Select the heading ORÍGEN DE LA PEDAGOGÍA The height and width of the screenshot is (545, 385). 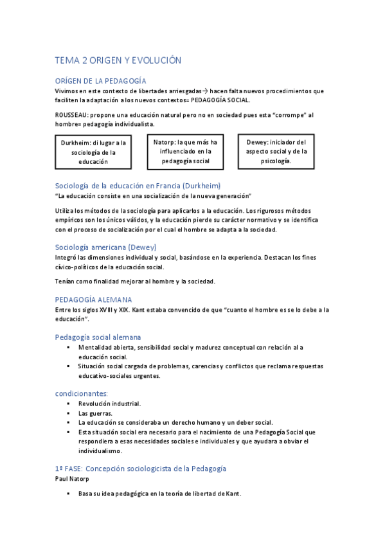pos(100,81)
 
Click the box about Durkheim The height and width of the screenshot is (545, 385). pos(94,152)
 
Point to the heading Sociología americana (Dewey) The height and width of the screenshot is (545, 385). pos(105,247)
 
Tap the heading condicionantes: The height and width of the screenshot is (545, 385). pos(81,393)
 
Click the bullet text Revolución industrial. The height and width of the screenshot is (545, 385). pos(109,404)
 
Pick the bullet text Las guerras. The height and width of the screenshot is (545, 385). pos(95,413)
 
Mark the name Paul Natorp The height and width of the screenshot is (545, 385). pos(73,479)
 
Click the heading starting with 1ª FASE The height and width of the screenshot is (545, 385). pos(141,469)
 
